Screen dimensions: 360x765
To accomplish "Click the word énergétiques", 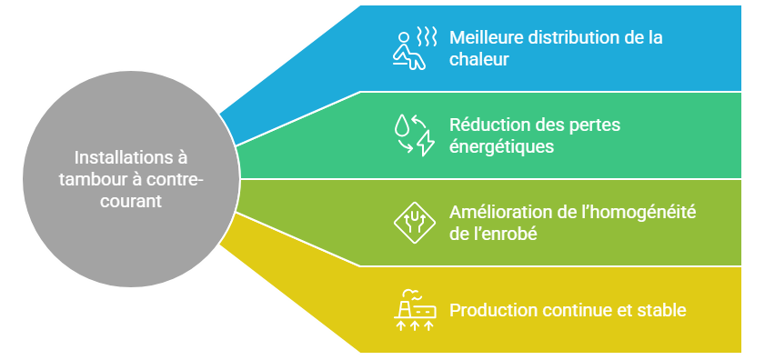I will coord(501,145).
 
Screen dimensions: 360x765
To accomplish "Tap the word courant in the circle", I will coord(131,200).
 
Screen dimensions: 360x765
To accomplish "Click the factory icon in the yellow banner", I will coord(414,309).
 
